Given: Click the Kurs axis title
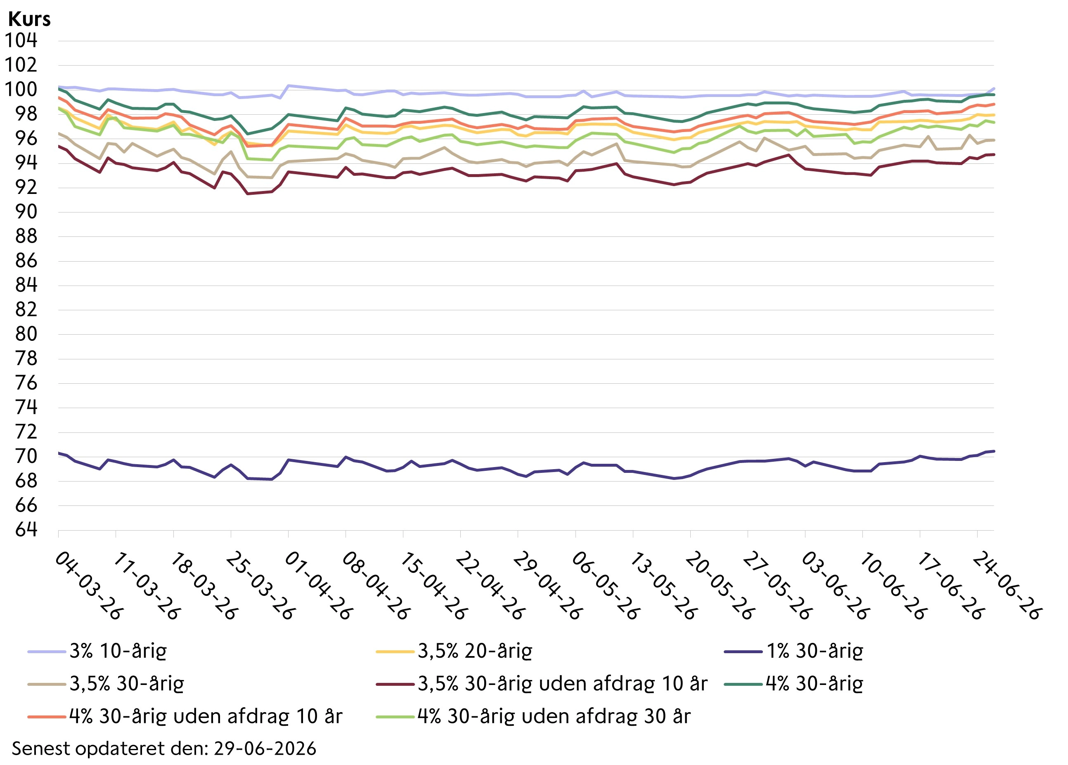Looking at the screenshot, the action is coord(29,19).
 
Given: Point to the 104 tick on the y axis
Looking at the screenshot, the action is coord(21,40).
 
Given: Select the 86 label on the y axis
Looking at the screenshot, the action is coord(26,261).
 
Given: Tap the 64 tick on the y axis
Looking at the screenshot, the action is coord(26,530).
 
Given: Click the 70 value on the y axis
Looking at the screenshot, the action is coord(26,456).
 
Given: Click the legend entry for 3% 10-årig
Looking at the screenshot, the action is coord(97,652).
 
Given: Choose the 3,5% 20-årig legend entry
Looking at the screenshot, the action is coord(455,652).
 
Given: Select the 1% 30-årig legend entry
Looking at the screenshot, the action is coord(794,652).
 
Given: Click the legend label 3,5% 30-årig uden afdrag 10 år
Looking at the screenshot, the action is coord(542,684).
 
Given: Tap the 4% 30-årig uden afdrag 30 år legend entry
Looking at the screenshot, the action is coord(533,716).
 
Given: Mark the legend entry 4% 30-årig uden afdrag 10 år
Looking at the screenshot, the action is coord(185,716).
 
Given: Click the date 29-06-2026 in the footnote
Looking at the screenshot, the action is coord(265,748).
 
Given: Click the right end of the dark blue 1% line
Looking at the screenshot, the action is coord(994,451).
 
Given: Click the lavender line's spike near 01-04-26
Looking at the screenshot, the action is coord(288,86).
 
